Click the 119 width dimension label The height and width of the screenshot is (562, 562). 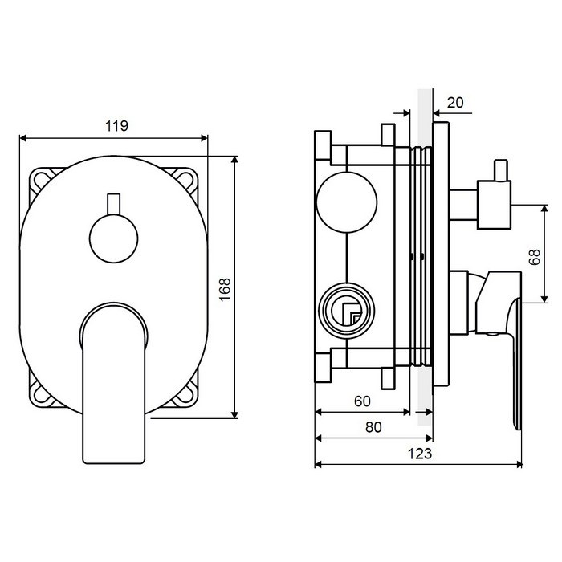pyautogui.click(x=116, y=126)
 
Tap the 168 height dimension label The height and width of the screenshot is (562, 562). pyautogui.click(x=225, y=290)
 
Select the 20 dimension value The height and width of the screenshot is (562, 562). pyautogui.click(x=455, y=103)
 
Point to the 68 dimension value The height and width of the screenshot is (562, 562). pyautogui.click(x=535, y=257)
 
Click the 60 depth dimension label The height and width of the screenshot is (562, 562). pyautogui.click(x=362, y=401)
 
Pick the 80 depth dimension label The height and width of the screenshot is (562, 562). pyautogui.click(x=373, y=427)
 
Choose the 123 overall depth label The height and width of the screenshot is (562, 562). pyautogui.click(x=420, y=454)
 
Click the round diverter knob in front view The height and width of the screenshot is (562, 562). pyautogui.click(x=114, y=238)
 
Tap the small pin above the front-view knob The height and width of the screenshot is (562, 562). pyautogui.click(x=114, y=204)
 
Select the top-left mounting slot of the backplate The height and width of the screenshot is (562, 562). pyautogui.click(x=42, y=180)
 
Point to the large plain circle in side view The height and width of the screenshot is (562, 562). pyautogui.click(x=347, y=202)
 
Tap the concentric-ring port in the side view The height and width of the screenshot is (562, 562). pyautogui.click(x=347, y=310)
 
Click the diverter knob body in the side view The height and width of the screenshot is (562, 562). pyautogui.click(x=494, y=206)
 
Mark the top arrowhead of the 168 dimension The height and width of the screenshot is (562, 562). pyautogui.click(x=234, y=160)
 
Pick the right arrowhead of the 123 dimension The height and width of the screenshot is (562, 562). pyautogui.click(x=519, y=465)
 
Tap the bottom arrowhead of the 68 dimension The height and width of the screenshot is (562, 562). pyautogui.click(x=544, y=299)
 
